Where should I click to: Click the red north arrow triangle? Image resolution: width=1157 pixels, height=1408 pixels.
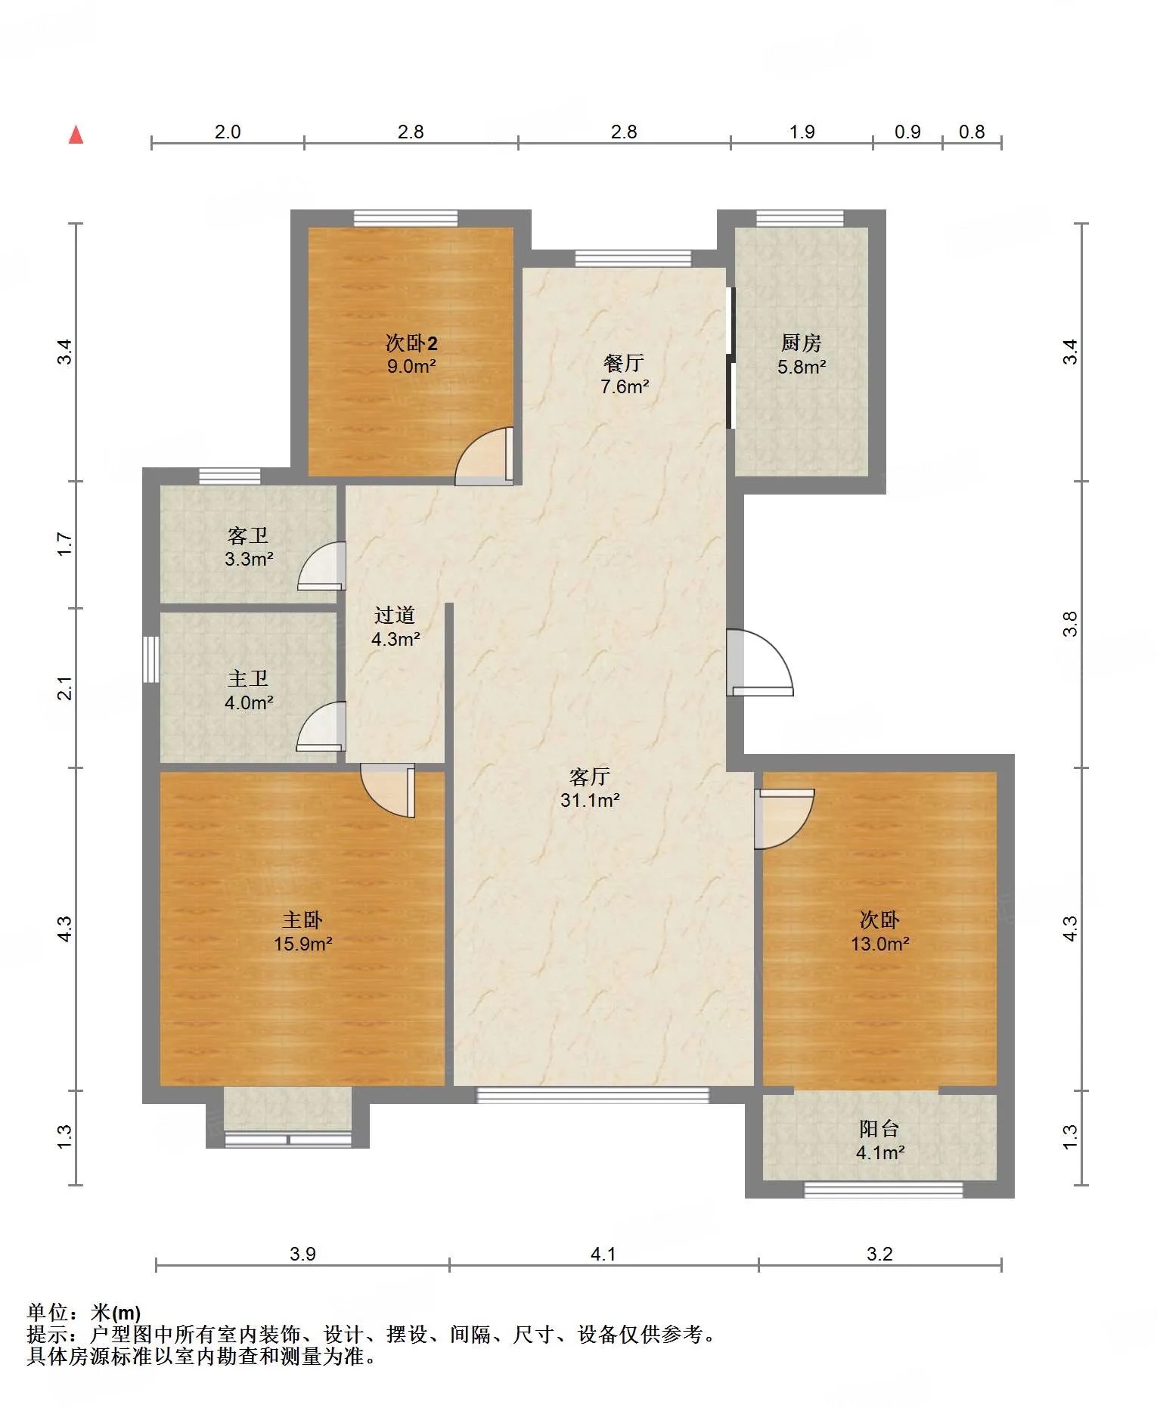[76, 135]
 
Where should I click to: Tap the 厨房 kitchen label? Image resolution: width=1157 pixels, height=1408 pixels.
[801, 343]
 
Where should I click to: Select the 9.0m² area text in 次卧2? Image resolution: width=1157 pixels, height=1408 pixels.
[411, 367]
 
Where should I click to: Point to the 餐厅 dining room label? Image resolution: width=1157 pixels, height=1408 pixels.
[624, 363]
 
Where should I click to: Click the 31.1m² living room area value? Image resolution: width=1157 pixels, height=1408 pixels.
[590, 800]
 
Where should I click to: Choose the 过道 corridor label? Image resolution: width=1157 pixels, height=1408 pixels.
[395, 615]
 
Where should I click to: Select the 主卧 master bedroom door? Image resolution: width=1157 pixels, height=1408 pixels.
[388, 791]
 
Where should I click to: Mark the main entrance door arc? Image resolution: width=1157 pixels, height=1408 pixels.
[760, 662]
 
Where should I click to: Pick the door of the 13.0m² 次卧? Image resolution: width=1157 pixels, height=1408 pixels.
[784, 819]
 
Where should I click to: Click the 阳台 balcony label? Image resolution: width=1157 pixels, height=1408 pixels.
[879, 1129]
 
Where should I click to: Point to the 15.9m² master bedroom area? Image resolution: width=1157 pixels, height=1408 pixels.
[303, 944]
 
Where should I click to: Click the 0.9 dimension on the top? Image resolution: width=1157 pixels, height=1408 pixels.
[907, 132]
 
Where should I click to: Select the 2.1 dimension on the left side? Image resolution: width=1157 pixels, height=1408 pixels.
[65, 688]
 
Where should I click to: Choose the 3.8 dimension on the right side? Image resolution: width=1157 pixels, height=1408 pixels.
[1069, 624]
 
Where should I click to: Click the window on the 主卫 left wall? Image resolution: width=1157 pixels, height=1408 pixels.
[151, 659]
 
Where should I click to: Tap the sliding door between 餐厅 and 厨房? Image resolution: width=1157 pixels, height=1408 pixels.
[730, 358]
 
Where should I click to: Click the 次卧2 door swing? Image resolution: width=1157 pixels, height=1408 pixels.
[484, 456]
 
